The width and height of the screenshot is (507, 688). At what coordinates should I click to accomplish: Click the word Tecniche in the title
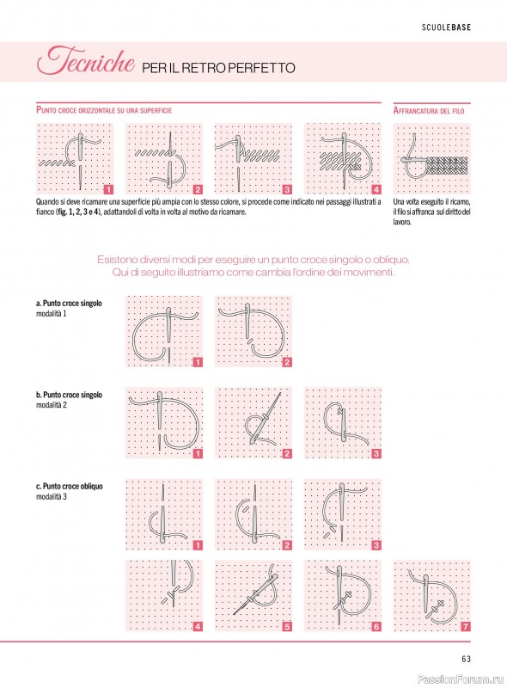(x=86, y=60)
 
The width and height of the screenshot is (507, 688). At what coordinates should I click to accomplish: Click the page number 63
(x=466, y=659)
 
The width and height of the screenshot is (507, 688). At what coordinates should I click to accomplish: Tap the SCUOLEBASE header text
(x=446, y=28)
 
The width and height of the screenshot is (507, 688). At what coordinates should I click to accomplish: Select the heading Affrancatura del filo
(x=429, y=111)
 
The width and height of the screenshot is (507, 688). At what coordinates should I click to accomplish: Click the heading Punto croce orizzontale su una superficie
(x=104, y=110)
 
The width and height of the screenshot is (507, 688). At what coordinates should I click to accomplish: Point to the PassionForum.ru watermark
(x=460, y=679)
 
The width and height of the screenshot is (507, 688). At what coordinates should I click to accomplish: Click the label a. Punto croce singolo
(x=69, y=304)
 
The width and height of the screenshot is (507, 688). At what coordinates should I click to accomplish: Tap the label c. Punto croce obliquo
(x=70, y=486)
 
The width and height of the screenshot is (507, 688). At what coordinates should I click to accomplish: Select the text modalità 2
(x=52, y=405)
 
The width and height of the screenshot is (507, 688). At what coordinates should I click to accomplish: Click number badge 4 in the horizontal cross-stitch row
(x=376, y=189)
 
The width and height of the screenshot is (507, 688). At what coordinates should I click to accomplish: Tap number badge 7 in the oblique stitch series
(x=466, y=627)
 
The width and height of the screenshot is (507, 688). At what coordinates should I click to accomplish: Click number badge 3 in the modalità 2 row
(x=376, y=454)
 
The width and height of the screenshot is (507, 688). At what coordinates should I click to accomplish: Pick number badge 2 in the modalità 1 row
(x=287, y=362)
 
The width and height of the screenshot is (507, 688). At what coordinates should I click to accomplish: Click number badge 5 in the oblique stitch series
(x=287, y=627)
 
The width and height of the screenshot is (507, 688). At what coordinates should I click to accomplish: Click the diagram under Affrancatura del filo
(x=431, y=158)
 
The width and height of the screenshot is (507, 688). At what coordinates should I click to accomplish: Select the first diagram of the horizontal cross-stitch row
(x=75, y=158)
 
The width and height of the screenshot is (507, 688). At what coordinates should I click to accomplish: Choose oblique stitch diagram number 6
(x=343, y=595)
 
